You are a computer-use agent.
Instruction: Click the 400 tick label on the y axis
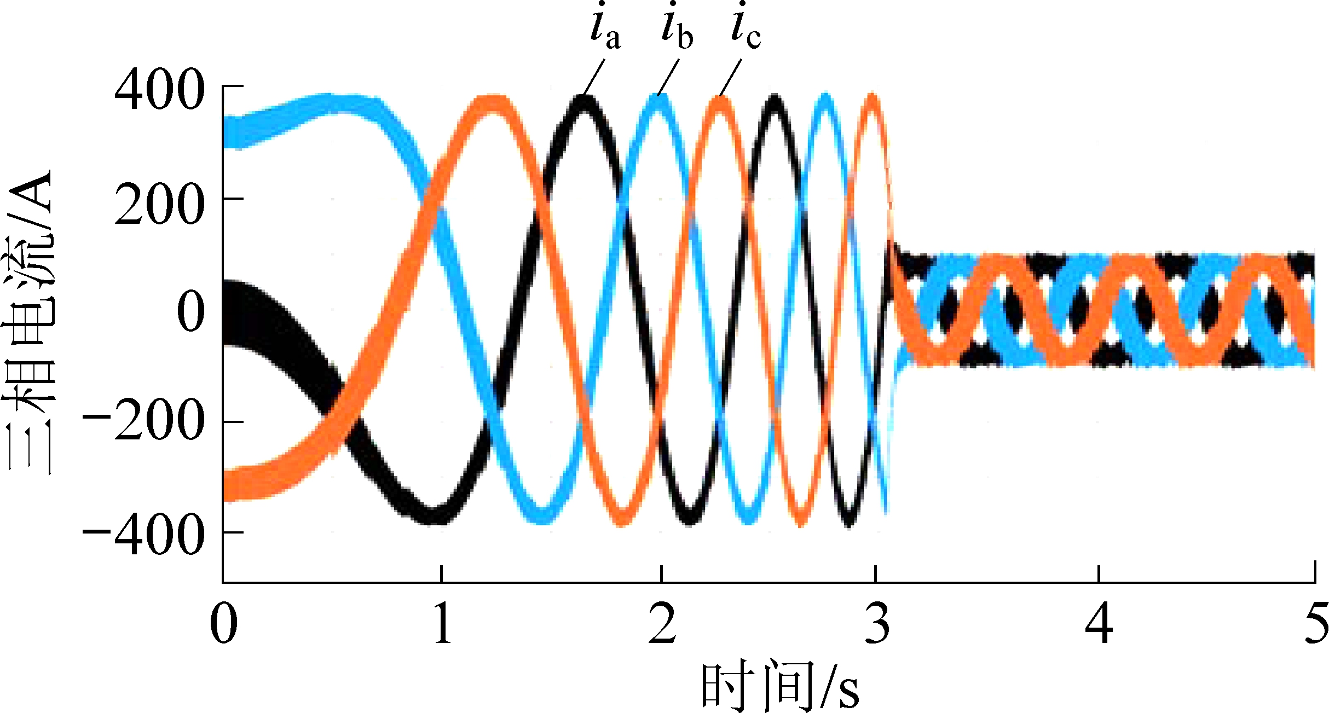tap(159, 91)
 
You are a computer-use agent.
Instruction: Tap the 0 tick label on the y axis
tap(191, 311)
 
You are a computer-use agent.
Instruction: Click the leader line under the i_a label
tap(594, 77)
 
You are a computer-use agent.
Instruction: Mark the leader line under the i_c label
tap(730, 77)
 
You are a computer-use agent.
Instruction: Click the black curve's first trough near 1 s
tap(432, 514)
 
